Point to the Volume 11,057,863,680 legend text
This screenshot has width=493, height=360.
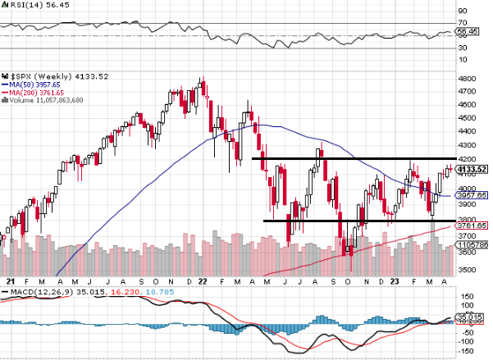(x=48, y=100)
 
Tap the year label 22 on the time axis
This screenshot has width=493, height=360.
(x=203, y=280)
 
